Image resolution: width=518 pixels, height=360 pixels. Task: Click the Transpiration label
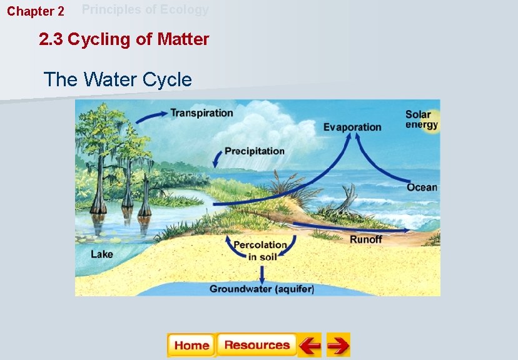[x=201, y=113]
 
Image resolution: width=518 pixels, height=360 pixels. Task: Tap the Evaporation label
[x=352, y=127]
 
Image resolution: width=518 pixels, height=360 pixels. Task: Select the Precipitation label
[x=254, y=151]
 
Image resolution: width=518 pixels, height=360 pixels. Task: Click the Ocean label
[x=422, y=187]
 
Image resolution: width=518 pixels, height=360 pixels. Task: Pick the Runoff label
[x=366, y=239]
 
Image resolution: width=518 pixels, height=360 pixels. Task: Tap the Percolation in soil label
[x=260, y=251]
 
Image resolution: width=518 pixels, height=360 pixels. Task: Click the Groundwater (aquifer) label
[x=262, y=289]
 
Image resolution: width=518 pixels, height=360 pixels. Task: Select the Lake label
[x=102, y=254]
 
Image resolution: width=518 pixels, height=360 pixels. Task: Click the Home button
[x=191, y=345]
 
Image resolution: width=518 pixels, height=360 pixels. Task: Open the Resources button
[x=256, y=345]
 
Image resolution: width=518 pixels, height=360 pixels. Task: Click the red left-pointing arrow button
[x=309, y=345]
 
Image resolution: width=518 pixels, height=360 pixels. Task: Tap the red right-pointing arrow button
[x=338, y=345]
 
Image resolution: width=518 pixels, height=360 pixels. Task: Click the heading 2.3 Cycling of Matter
[x=124, y=40]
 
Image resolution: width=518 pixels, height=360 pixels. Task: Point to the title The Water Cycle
[x=118, y=80]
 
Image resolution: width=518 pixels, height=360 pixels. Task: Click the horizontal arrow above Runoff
[x=350, y=227]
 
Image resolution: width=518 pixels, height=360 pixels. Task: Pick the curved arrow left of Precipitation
[x=217, y=158]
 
